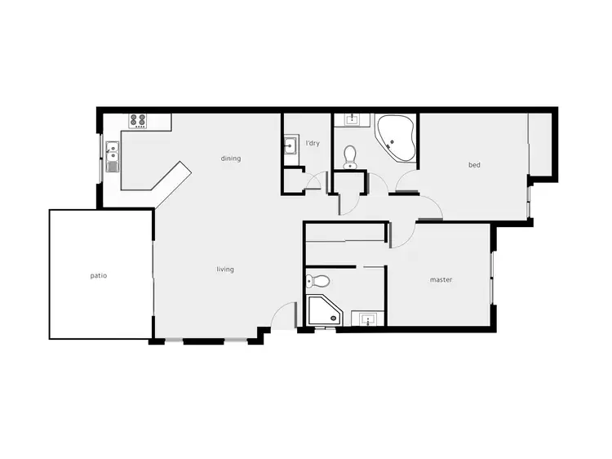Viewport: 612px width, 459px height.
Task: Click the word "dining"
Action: pos(231,158)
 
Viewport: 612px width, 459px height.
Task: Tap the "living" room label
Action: pos(225,270)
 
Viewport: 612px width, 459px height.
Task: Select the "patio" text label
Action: pos(99,276)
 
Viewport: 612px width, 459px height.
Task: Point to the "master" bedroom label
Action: pos(441,280)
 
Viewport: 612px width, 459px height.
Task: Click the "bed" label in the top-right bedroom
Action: pos(474,165)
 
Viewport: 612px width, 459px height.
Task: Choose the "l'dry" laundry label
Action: pos(312,144)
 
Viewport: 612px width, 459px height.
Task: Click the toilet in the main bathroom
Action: pos(351,154)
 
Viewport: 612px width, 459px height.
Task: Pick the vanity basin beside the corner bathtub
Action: pos(353,121)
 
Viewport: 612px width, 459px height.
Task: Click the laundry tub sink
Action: pos(290,148)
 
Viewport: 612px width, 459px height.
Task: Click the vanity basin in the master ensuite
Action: pos(367,318)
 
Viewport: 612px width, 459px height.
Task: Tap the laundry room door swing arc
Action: pos(317,181)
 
